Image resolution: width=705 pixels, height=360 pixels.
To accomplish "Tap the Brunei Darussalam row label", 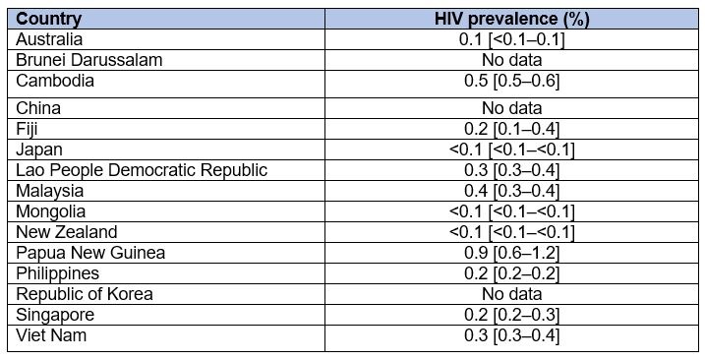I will click(88, 60).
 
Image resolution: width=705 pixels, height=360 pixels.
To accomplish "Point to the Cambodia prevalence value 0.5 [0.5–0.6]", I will click(511, 81).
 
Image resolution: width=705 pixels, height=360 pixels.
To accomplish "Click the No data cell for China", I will click(511, 108).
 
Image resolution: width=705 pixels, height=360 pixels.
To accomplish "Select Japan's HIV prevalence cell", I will click(511, 150).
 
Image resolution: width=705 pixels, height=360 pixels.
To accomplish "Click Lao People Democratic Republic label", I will click(142, 170).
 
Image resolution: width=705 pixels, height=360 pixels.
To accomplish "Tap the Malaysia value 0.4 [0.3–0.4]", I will click(511, 191).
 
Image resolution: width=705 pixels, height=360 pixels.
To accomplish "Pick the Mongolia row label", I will click(51, 211).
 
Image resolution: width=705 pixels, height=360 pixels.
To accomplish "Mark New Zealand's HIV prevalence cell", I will click(511, 232).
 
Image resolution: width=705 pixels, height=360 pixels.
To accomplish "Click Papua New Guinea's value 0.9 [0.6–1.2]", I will click(511, 253).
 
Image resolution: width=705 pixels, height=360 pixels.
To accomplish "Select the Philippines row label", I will click(58, 273).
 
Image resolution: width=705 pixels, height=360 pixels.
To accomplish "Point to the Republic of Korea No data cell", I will click(511, 294).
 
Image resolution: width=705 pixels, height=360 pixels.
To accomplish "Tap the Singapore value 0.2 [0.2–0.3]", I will click(511, 315).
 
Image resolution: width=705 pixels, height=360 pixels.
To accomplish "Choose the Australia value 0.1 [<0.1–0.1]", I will click(511, 39).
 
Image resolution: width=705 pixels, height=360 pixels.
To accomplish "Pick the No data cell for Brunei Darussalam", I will click(511, 60).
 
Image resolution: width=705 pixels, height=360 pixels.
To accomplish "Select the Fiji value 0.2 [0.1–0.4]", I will click(511, 129).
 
